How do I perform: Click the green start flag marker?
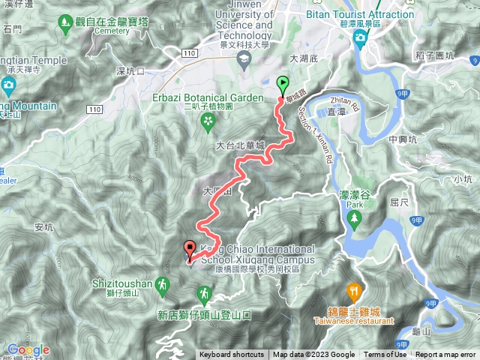click(x=283, y=84)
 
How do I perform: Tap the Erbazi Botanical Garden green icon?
click(x=207, y=118)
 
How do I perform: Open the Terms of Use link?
click(x=385, y=355)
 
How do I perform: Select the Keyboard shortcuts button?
click(x=232, y=355)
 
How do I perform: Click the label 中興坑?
click(x=404, y=139)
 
